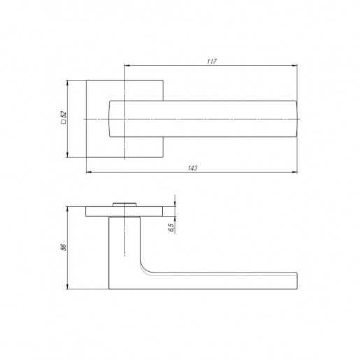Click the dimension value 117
click(212, 62)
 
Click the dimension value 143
click(192, 168)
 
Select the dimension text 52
click(64, 115)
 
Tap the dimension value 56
click(64, 247)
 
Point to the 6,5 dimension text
click(171, 227)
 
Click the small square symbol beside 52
click(63, 122)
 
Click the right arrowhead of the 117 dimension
click(295, 66)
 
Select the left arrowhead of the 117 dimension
click(127, 66)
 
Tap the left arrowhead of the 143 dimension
click(89, 172)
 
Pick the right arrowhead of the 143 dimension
click(295, 172)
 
